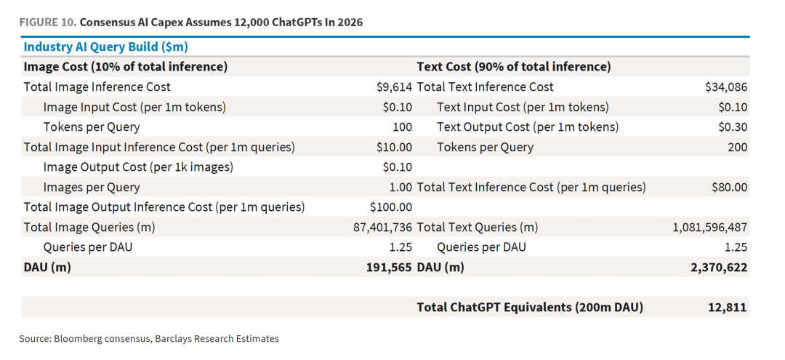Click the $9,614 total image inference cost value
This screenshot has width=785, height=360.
click(395, 87)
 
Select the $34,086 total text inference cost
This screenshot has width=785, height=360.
click(726, 87)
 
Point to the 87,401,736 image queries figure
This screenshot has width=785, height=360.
click(383, 228)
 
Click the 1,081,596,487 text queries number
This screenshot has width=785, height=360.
click(710, 228)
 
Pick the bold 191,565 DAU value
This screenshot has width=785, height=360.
click(390, 268)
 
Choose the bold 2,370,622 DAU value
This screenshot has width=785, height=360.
click(720, 268)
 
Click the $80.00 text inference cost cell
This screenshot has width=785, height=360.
click(730, 187)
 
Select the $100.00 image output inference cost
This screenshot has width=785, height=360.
click(391, 207)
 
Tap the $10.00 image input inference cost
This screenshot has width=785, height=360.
click(395, 147)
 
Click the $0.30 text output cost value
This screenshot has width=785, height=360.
click(733, 127)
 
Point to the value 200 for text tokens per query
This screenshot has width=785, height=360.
click(738, 147)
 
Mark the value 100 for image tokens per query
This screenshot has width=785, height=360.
click(403, 127)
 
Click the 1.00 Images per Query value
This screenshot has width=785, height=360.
click(401, 187)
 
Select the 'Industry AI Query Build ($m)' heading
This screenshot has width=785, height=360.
click(105, 47)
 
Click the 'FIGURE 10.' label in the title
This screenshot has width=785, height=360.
click(47, 23)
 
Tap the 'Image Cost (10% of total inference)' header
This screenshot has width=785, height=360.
click(126, 67)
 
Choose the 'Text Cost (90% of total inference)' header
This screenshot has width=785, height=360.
click(514, 67)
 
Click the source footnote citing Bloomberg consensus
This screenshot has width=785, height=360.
click(149, 338)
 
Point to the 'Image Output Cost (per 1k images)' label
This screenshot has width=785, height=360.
click(138, 167)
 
